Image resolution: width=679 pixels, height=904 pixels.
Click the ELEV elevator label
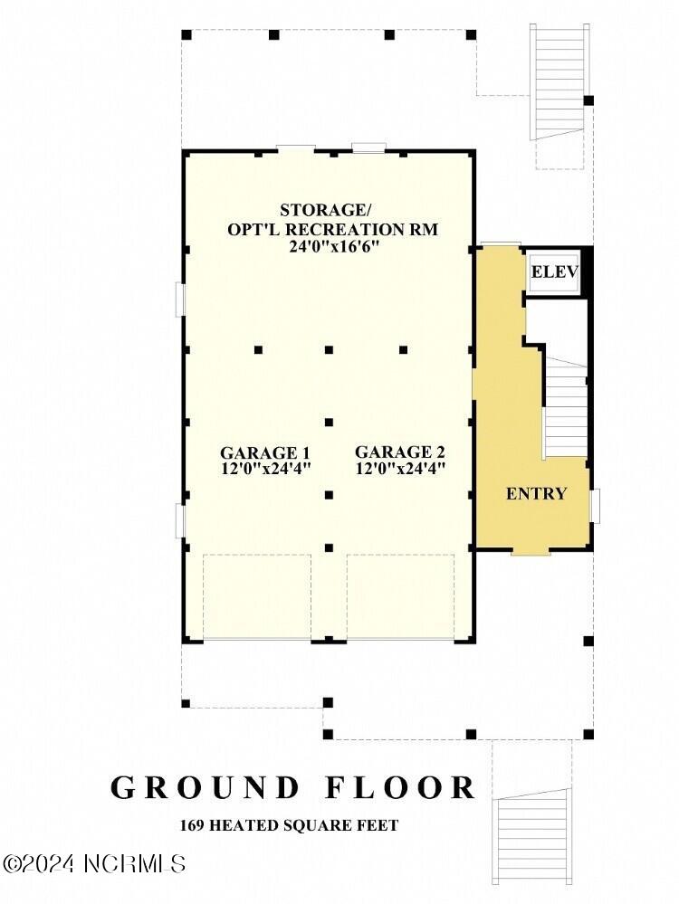point(554,271)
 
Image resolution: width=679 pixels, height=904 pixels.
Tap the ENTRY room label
point(536,493)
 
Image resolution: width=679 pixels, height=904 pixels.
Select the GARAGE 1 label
point(265,452)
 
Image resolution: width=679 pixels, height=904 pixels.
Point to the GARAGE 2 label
point(399,452)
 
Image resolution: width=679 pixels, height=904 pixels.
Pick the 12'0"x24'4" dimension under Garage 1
point(265,469)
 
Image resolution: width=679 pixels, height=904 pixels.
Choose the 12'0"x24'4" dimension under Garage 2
point(399,469)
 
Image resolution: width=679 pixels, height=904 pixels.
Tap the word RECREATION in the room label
point(358,229)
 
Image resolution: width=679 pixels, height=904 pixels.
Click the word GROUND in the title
point(206,787)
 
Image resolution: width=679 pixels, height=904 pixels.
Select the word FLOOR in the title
point(405,787)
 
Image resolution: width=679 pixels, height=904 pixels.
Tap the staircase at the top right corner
point(559,81)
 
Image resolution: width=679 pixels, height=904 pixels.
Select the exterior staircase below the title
point(531,828)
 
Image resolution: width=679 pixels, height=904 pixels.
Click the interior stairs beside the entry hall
point(566,407)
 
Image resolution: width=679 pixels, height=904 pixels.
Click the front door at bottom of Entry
point(531,551)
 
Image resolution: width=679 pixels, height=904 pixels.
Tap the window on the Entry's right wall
point(595,505)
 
